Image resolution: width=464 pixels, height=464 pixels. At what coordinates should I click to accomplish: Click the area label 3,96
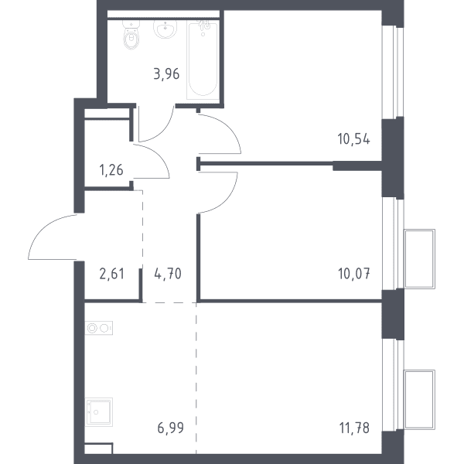[x=166, y=74]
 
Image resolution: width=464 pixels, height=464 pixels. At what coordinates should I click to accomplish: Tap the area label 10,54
[x=353, y=138]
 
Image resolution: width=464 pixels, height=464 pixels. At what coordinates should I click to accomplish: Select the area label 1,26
[x=111, y=170]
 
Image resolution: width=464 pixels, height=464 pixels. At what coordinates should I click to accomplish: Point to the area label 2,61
[x=112, y=274]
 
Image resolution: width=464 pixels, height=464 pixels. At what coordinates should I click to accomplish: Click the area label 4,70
[x=168, y=274]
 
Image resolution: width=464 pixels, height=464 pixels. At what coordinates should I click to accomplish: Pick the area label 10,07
[x=353, y=274]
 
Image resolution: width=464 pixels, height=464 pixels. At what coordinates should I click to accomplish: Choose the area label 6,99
[x=170, y=428]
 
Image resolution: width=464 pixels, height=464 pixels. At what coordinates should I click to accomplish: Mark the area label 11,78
[x=354, y=428]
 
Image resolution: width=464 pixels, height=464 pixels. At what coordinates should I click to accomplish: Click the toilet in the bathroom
[x=131, y=35]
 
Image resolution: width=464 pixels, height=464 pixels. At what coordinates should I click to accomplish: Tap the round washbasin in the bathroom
[x=165, y=29]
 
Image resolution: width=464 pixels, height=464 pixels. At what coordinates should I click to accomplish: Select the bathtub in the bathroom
[x=203, y=60]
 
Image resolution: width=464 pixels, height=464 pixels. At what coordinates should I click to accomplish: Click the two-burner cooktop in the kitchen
[x=99, y=328]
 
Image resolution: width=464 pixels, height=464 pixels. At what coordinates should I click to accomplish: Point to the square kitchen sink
[x=99, y=412]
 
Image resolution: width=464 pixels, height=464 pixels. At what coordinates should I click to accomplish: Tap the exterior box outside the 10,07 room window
[x=420, y=259]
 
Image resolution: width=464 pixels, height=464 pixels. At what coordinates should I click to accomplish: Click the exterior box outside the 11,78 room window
[x=420, y=400]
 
